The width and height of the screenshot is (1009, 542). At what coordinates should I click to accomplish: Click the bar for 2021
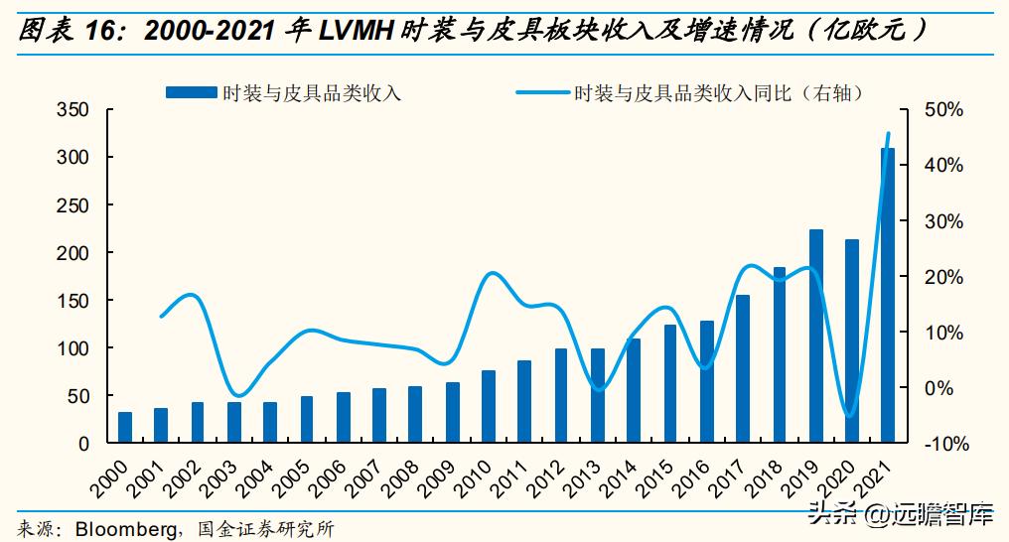point(887,295)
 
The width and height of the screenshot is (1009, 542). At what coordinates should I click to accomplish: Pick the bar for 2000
point(125,427)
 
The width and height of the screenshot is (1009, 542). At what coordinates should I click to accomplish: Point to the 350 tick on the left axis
point(74,109)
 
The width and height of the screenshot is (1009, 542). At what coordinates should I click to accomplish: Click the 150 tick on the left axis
point(74,300)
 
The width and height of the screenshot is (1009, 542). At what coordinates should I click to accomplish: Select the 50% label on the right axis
point(943,109)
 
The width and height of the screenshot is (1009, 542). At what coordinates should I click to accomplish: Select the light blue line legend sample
point(542,92)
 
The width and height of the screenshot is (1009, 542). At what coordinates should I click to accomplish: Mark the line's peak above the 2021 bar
point(888,133)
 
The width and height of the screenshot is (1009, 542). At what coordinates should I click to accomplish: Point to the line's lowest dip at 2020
point(849,415)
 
